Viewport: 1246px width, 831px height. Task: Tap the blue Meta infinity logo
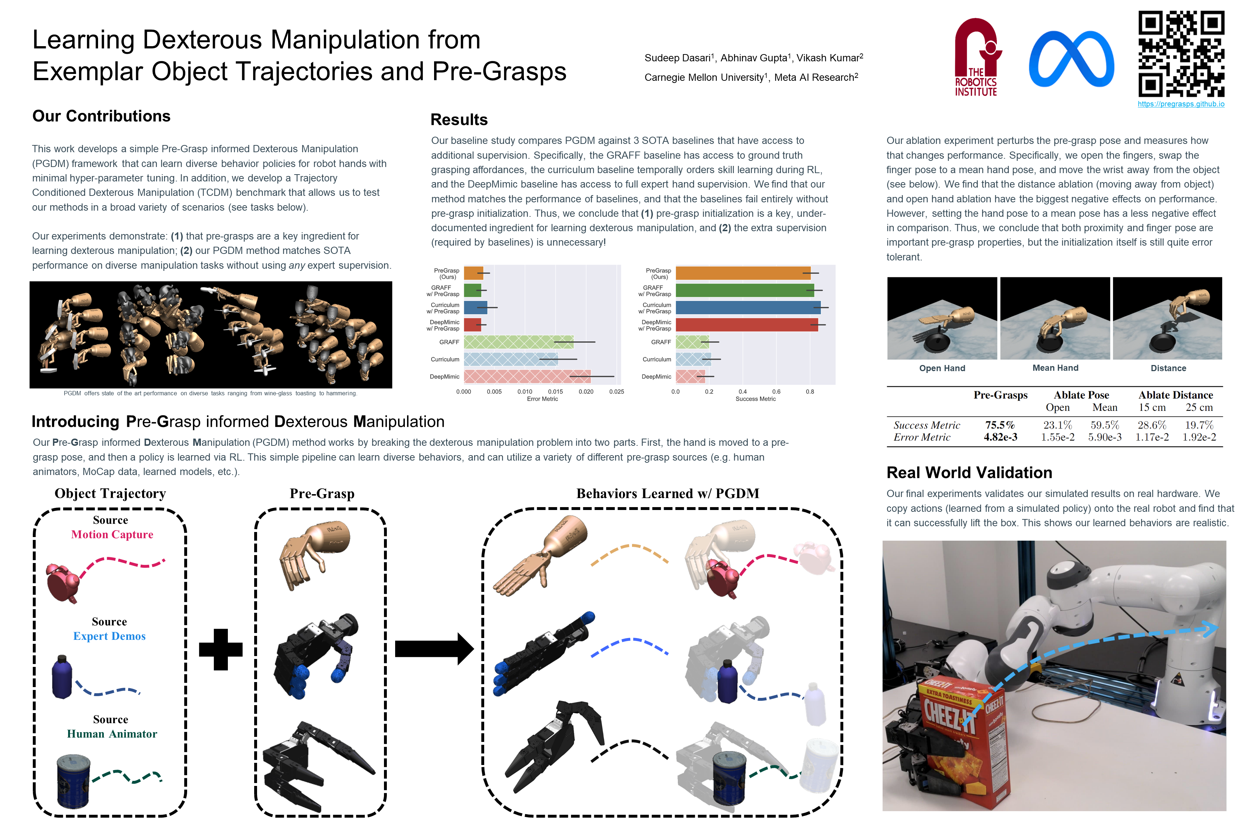click(1071, 59)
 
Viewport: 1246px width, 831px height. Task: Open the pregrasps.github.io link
click(1181, 104)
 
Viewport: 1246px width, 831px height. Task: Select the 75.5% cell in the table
click(1000, 425)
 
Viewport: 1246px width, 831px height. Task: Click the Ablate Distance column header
click(1176, 395)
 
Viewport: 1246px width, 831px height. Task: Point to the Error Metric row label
click(922, 437)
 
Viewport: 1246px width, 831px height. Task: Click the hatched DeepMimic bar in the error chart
click(527, 376)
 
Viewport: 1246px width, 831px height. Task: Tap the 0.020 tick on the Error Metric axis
click(586, 392)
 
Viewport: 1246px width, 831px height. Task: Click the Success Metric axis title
click(755, 399)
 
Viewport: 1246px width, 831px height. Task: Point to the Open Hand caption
click(942, 368)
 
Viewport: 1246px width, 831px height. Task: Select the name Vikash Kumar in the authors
click(830, 58)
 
